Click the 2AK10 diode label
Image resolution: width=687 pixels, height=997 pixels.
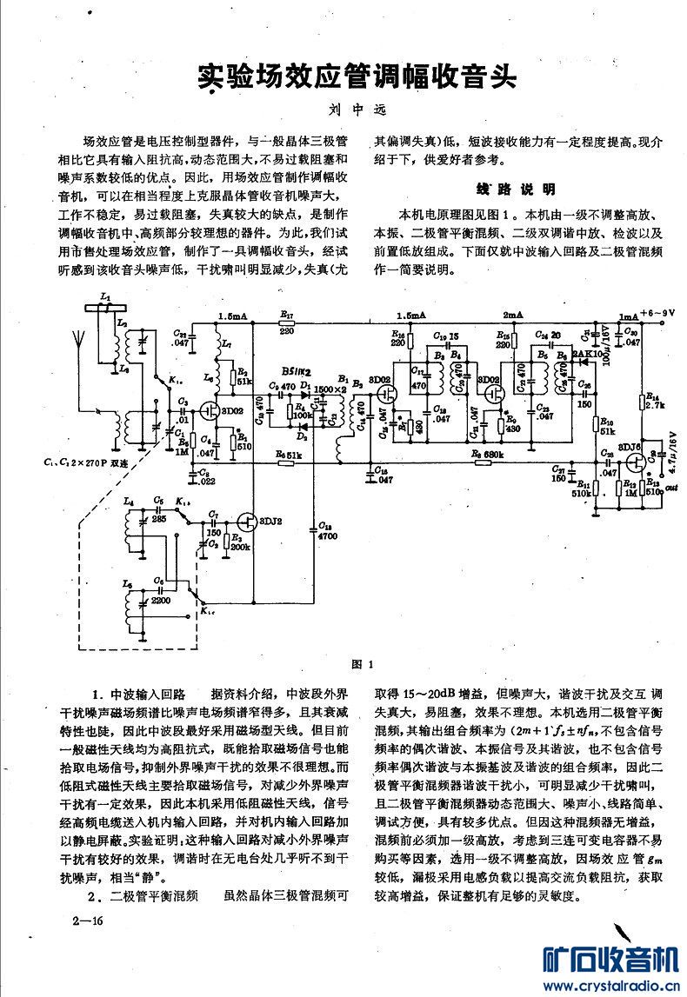[583, 355]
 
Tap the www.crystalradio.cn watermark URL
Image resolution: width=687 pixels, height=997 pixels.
[608, 986]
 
